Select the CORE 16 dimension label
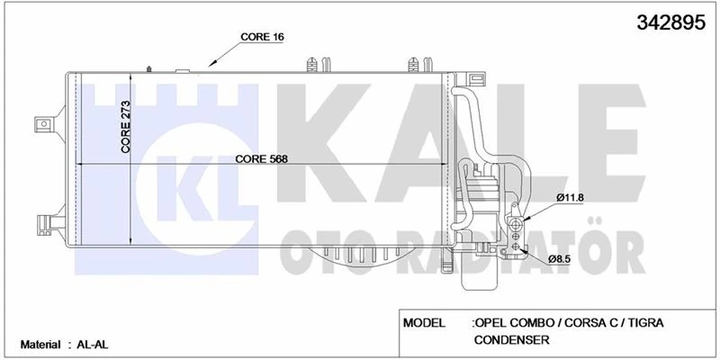click(262, 37)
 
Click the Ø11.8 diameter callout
click(571, 197)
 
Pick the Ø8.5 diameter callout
click(561, 259)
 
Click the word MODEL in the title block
click(427, 322)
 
